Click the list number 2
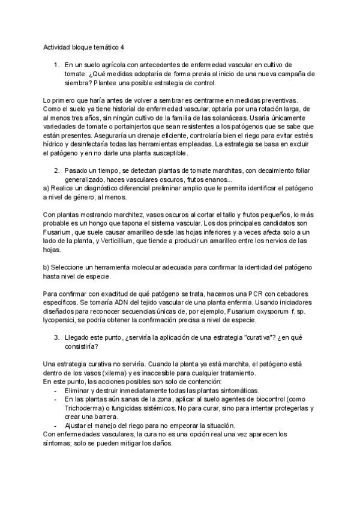click(56, 170)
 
